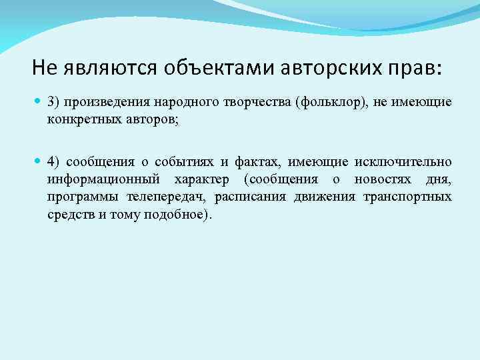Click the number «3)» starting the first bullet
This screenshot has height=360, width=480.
(54, 103)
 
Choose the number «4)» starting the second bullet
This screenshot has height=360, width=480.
(55, 162)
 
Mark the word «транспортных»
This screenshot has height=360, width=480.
(407, 198)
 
